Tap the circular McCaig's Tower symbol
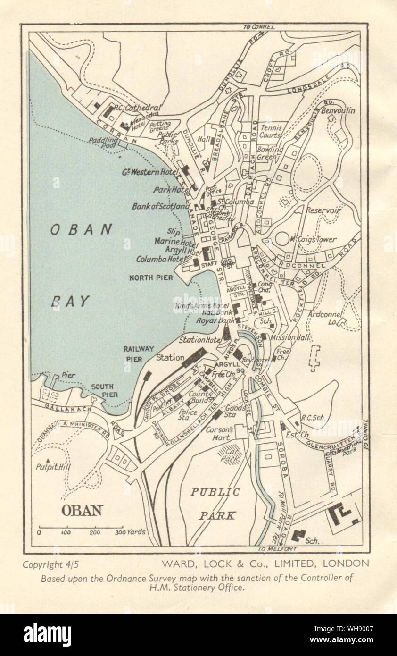282,238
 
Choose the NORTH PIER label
151,278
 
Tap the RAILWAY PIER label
139,353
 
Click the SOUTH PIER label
103,390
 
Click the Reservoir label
323,211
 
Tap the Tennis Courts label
271,131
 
